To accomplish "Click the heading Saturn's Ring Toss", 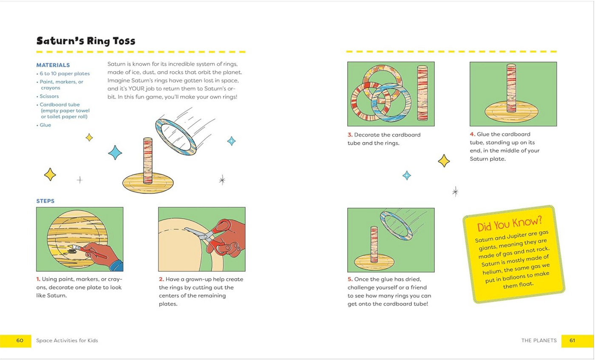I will tap(85, 41).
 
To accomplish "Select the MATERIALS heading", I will tap(53, 65).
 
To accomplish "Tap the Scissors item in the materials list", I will tap(49, 96).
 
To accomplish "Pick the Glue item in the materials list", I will tap(45, 125).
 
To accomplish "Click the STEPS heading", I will tap(45, 201).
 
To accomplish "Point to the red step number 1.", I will tap(38, 279).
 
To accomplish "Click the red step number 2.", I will tap(161, 279).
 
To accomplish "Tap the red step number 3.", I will tap(350, 135).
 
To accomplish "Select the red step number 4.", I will tap(472, 135).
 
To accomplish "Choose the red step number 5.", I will tap(350, 279).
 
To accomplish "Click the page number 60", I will tap(20, 340).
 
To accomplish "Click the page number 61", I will tap(572, 340).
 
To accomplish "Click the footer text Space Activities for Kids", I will tap(67, 340).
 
